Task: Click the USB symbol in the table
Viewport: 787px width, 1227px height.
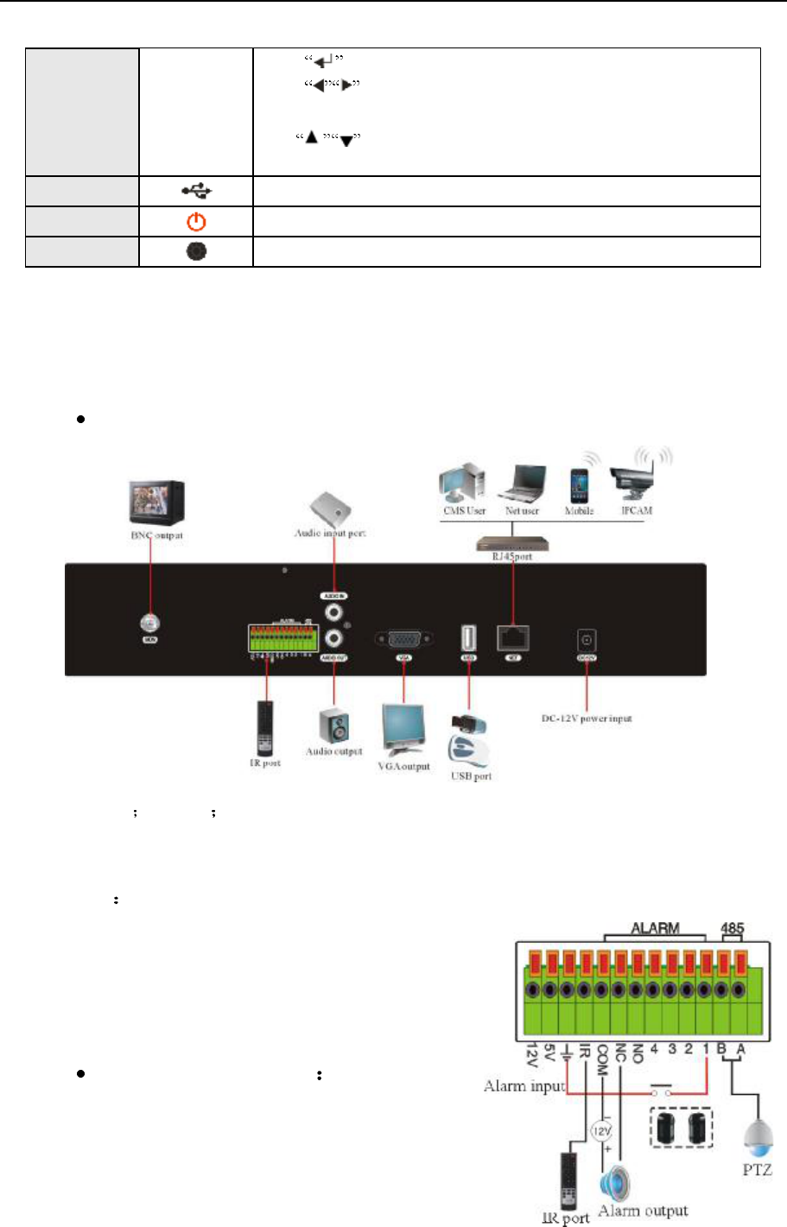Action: [197, 192]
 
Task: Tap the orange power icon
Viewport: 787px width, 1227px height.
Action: [197, 222]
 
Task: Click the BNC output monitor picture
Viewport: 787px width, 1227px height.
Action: [156, 502]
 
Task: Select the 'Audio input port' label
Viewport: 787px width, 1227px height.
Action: [330, 534]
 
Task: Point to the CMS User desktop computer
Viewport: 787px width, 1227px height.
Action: [462, 484]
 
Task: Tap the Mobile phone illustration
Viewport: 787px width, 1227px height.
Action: [579, 485]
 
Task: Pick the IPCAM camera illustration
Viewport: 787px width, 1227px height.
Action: [638, 478]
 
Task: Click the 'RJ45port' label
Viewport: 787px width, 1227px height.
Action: [512, 557]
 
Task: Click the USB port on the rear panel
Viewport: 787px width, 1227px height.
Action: [469, 638]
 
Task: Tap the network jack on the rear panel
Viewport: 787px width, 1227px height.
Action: [512, 638]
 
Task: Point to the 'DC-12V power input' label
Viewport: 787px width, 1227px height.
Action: [587, 718]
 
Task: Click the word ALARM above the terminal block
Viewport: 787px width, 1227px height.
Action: [655, 929]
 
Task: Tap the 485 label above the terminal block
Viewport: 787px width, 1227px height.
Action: [733, 929]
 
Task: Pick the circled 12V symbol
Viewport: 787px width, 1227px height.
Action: [601, 1131]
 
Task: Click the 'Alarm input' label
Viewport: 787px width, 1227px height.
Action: [524, 1086]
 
